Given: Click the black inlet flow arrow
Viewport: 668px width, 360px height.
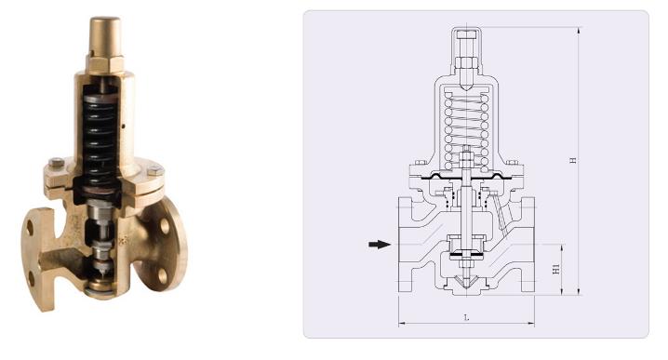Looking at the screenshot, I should (x=378, y=245).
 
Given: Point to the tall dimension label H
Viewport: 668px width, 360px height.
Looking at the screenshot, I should (x=575, y=160).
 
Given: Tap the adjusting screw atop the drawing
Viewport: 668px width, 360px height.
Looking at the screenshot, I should (x=466, y=42).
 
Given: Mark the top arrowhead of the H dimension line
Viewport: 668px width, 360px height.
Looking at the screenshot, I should (x=579, y=30).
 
